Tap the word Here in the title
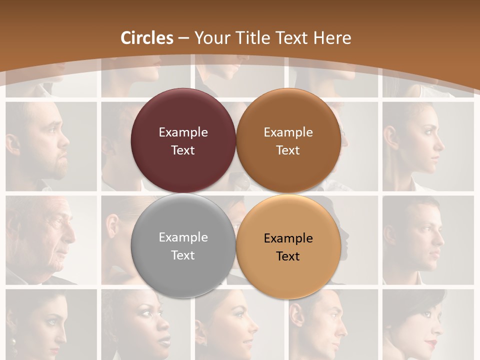tap(332, 38)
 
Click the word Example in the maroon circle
tap(183, 132)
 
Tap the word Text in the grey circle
tap(183, 255)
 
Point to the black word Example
tap(288, 238)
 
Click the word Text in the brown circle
tap(288, 150)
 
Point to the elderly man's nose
tap(71, 234)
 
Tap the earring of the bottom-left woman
tap(13, 343)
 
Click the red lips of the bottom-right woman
tap(431, 344)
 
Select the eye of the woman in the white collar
tap(427, 131)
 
